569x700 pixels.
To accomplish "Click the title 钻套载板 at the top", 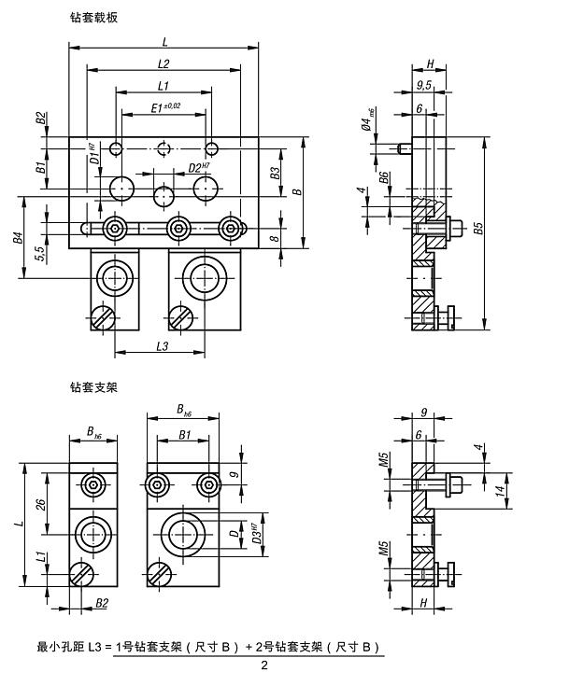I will [x=94, y=18].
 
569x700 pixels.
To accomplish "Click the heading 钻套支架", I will [x=94, y=385].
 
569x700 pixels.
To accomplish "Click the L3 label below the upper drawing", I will [x=160, y=346].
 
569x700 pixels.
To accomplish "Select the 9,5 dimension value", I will [x=424, y=86].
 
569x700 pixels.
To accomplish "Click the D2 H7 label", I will [x=197, y=167].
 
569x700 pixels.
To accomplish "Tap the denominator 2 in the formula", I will [x=263, y=665].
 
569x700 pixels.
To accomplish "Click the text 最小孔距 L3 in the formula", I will [x=74, y=647].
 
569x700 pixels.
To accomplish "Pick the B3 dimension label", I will [x=276, y=174].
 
